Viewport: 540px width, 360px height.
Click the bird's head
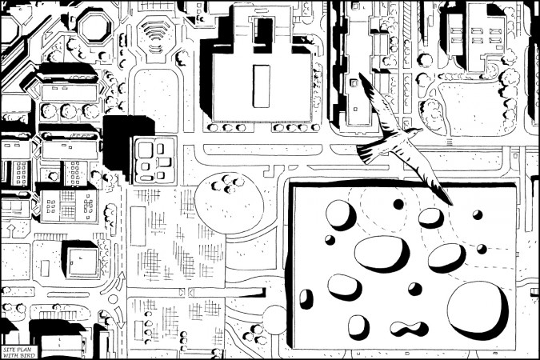pyautogui.click(x=416, y=130)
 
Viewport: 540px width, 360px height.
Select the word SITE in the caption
pyautogui.click(x=8, y=350)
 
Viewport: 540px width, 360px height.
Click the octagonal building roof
pyautogui.click(x=94, y=27)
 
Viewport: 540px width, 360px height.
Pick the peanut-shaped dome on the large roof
pyautogui.click(x=409, y=328)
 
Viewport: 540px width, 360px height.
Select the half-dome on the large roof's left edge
pyautogui.click(x=306, y=299)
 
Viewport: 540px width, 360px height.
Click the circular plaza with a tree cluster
pyautogui.click(x=229, y=203)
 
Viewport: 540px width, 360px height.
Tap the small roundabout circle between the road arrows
pyautogui.click(x=113, y=299)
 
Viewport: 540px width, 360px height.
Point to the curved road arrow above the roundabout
pyautogui.click(x=120, y=280)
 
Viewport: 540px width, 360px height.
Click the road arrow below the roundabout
pyautogui.click(x=119, y=318)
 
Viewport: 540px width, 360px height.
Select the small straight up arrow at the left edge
pyautogui.click(x=10, y=231)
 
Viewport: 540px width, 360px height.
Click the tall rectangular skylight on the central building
pyautogui.click(x=261, y=86)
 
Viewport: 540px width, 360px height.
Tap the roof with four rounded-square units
pyautogui.click(x=154, y=161)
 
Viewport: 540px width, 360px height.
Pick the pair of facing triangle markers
pyautogui.click(x=186, y=293)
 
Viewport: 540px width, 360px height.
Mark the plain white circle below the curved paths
pyautogui.click(x=274, y=320)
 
